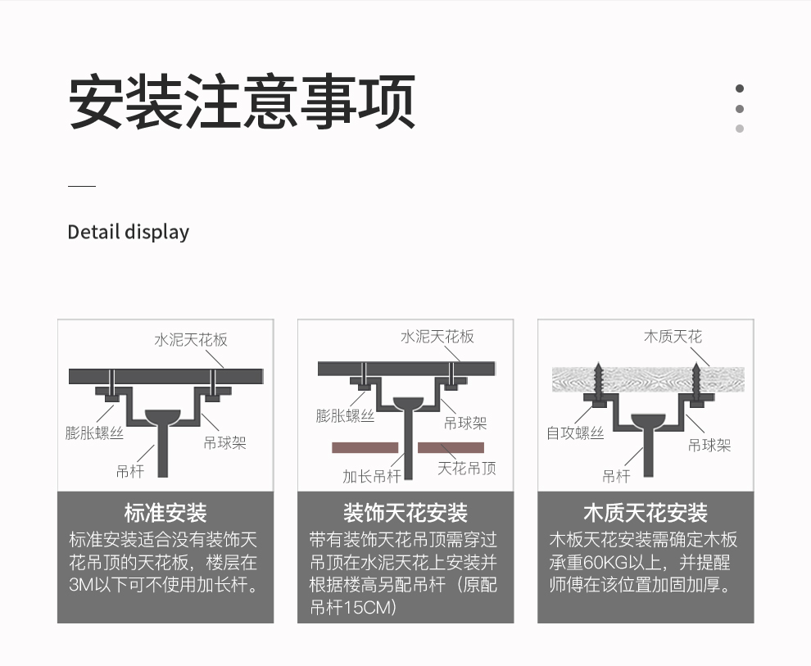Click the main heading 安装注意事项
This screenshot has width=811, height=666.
tap(242, 101)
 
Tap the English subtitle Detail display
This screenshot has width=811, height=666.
tap(129, 232)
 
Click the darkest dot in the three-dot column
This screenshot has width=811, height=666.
tap(740, 88)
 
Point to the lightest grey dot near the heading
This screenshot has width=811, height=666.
tap(740, 129)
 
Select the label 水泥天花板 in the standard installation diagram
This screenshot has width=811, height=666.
tap(191, 340)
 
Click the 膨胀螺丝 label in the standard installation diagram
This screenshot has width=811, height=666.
tap(94, 433)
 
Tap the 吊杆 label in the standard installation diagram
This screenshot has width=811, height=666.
tap(129, 471)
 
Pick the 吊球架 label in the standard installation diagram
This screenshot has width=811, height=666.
tap(224, 442)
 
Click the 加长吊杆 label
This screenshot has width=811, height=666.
tap(371, 476)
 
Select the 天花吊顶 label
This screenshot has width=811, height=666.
tap(467, 469)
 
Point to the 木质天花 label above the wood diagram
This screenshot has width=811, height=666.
tap(673, 337)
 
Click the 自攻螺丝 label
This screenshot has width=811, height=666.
tap(575, 433)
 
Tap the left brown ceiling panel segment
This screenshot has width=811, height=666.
tap(365, 448)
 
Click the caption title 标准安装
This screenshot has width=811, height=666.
tap(165, 513)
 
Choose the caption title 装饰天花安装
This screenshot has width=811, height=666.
tap(405, 513)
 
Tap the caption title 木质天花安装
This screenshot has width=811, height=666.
tap(646, 513)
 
